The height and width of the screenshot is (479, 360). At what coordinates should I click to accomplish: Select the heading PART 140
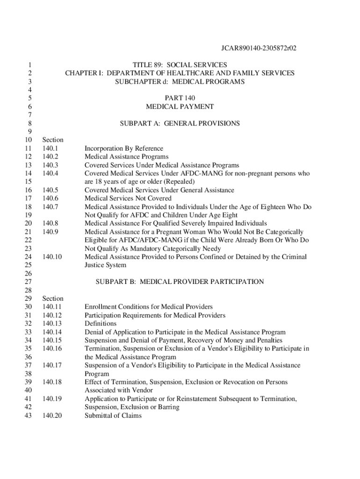point(180,98)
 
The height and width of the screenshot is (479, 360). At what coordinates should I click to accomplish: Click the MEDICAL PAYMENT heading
point(180,107)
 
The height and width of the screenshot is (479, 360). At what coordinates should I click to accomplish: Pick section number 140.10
point(52,257)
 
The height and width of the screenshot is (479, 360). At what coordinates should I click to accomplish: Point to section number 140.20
point(52,415)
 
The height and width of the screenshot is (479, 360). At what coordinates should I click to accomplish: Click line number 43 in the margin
point(28,415)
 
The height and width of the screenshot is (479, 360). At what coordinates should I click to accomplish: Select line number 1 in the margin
point(29,65)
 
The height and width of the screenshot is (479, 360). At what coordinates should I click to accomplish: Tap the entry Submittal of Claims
point(113,415)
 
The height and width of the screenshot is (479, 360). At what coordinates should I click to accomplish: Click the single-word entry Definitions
point(100,324)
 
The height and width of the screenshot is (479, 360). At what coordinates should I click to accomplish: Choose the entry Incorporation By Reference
point(124,148)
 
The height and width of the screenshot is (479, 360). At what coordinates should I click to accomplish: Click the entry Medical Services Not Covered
point(128,198)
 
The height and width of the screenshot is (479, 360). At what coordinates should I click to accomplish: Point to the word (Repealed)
point(179,181)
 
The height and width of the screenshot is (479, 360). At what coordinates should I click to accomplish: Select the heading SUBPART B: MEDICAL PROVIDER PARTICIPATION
point(180,282)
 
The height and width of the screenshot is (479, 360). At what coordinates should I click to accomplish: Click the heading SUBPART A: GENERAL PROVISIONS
point(180,123)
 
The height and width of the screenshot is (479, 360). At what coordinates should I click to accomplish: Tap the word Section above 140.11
point(53,298)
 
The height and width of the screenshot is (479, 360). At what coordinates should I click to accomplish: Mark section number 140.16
point(52,348)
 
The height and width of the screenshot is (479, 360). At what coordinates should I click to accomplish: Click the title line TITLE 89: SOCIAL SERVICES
point(180,65)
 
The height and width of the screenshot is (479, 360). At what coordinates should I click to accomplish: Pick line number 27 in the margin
point(28,282)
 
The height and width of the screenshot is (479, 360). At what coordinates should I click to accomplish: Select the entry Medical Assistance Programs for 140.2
point(126,157)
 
